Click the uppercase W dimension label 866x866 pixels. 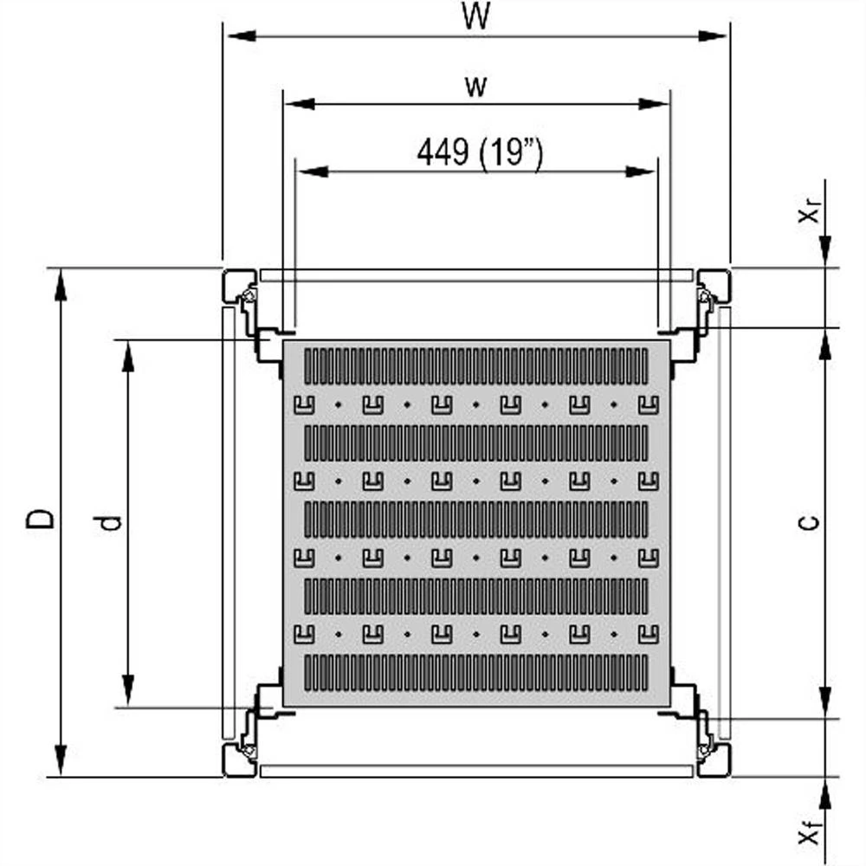pyautogui.click(x=475, y=17)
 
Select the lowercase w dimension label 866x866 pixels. pyautogui.click(x=475, y=86)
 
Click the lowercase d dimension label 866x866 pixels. pyautogui.click(x=110, y=521)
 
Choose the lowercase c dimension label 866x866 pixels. pyautogui.click(x=806, y=521)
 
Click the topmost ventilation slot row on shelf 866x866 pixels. pyautogui.click(x=475, y=366)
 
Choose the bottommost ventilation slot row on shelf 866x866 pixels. pyautogui.click(x=475, y=673)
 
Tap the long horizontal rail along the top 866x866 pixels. pyautogui.click(x=476, y=275)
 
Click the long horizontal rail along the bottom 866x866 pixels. pyautogui.click(x=476, y=770)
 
